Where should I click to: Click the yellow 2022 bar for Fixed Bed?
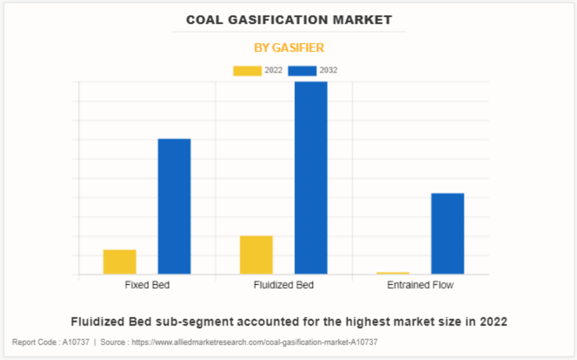[119, 261]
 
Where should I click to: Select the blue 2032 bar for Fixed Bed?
[174, 206]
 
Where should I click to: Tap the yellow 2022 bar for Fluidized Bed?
[256, 254]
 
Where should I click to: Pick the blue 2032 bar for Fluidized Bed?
[311, 177]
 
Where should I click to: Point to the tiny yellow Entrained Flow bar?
[393, 273]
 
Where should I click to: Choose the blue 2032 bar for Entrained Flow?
[448, 233]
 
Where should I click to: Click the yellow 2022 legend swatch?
[247, 71]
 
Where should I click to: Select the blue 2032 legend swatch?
[302, 71]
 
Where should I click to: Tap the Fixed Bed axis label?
[147, 285]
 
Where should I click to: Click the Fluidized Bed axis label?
[284, 285]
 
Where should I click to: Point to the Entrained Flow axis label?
[421, 285]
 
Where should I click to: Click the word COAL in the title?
[203, 20]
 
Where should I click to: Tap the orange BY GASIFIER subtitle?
[288, 48]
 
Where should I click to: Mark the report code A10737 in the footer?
[76, 343]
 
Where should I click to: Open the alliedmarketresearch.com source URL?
[254, 343]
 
